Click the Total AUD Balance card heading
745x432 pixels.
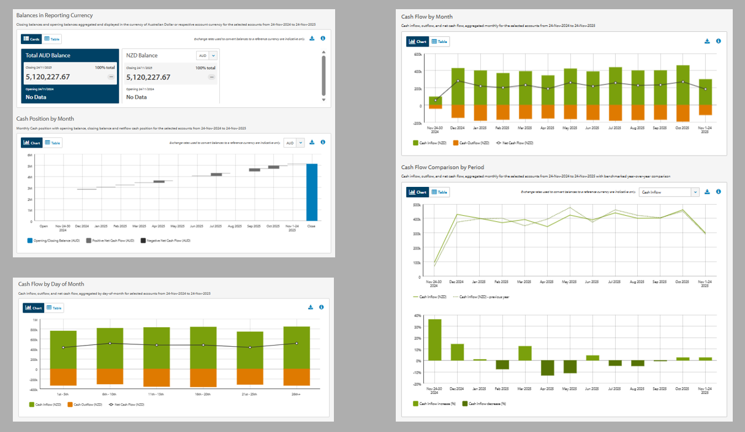click(x=48, y=55)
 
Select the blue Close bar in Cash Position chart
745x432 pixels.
click(x=312, y=192)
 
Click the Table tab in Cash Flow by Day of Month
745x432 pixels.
click(x=54, y=308)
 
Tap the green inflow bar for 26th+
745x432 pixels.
click(x=297, y=347)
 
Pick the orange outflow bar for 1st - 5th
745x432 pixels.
click(x=63, y=377)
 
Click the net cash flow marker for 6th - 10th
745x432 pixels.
click(x=110, y=343)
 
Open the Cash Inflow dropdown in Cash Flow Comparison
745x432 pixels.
click(x=668, y=192)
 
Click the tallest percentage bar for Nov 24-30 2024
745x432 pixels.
click(x=435, y=339)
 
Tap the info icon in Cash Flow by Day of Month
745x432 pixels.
click(x=321, y=307)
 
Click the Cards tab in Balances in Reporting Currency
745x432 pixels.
click(x=31, y=39)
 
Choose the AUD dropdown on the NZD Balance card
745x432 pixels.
click(x=206, y=55)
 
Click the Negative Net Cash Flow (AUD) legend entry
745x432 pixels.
click(x=165, y=241)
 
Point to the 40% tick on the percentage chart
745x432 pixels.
click(x=417, y=316)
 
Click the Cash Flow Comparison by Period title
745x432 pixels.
click(x=442, y=167)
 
